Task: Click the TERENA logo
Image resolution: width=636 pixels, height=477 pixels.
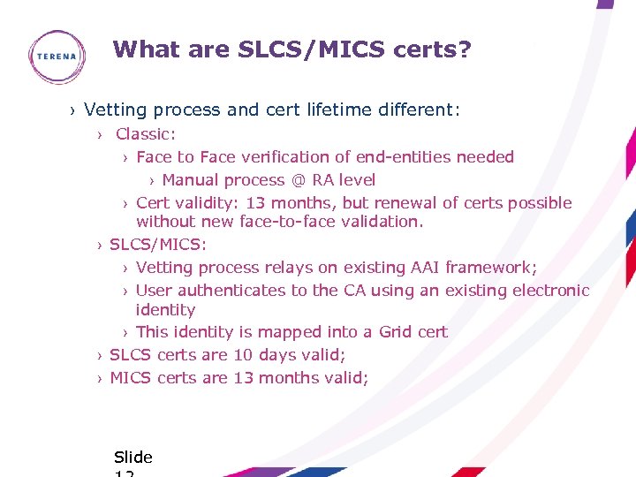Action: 57,57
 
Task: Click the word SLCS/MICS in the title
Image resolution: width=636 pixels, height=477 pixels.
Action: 311,49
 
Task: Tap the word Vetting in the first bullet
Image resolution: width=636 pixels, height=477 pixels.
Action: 116,110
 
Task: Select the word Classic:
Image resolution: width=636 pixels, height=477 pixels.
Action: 146,134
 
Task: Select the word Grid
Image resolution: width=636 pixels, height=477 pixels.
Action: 395,332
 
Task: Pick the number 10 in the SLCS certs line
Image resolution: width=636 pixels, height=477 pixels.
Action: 243,355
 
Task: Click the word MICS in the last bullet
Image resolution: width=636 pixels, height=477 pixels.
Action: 131,378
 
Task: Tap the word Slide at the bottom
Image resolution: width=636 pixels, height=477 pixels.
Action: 133,458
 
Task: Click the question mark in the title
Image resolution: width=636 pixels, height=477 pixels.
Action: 466,49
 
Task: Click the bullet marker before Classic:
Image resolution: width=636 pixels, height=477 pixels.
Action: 102,135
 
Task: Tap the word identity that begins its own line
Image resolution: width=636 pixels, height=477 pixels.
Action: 165,310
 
